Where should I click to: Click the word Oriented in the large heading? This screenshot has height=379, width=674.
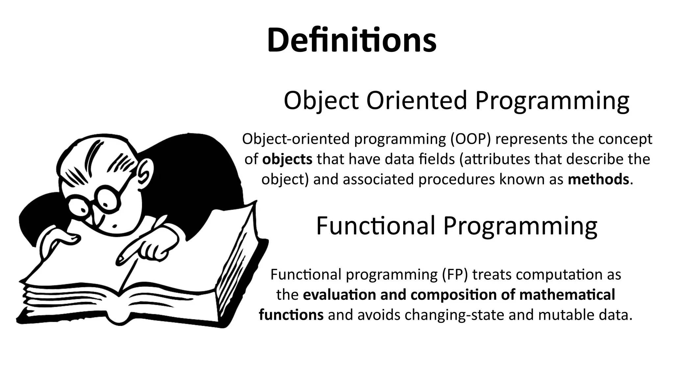[x=416, y=100]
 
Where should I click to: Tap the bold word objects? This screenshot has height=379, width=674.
[x=287, y=160]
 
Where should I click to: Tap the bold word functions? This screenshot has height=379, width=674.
[x=291, y=315]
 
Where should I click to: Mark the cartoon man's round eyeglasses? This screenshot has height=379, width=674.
[x=95, y=201]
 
